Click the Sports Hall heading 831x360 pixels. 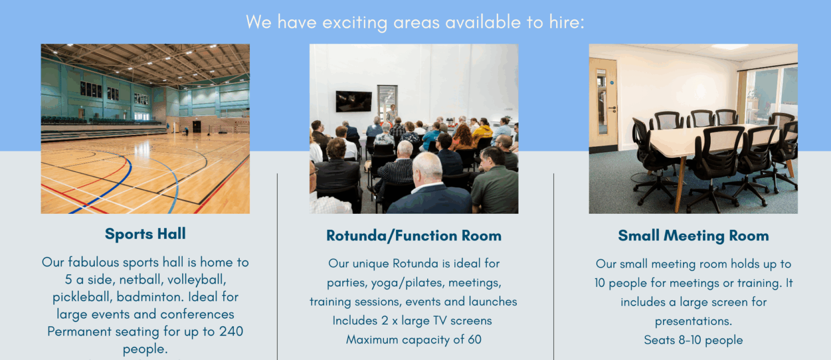(145, 234)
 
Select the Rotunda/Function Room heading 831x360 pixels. (414, 236)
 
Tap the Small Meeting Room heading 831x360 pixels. (694, 236)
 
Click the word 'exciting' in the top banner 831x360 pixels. (355, 23)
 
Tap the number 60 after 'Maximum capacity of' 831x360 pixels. (474, 340)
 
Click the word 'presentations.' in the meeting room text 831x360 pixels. (694, 321)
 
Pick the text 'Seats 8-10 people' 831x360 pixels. (694, 340)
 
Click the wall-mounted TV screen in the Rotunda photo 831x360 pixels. (353, 101)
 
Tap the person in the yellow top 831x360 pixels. (483, 130)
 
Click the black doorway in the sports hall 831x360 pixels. (197, 126)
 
